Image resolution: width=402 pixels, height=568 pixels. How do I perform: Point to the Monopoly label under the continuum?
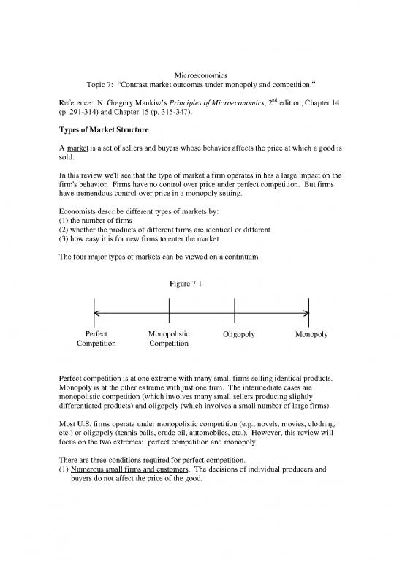311,335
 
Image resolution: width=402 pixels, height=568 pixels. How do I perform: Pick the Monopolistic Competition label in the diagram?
169,340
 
